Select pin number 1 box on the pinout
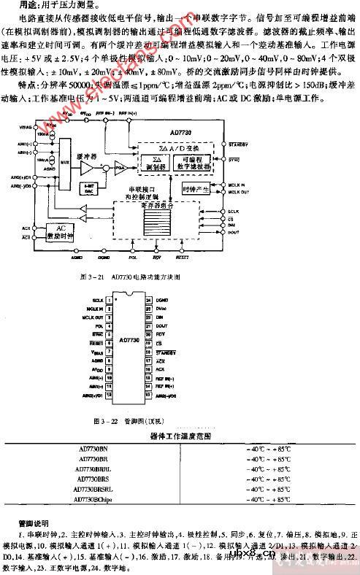109,299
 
